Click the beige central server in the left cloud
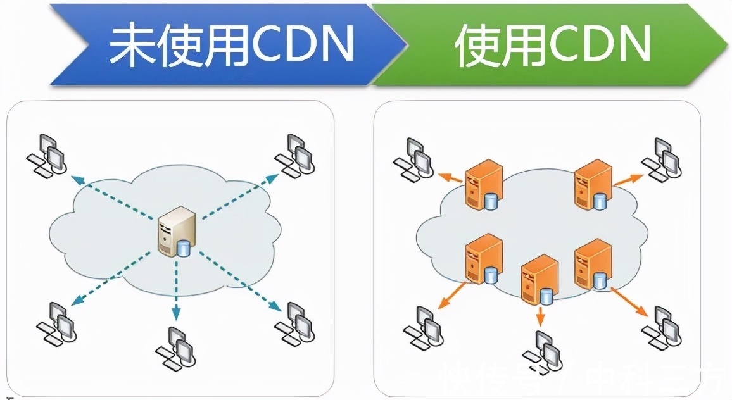click(x=177, y=231)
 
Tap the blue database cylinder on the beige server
click(x=184, y=247)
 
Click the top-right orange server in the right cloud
click(x=593, y=184)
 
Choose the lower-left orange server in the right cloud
click(x=483, y=258)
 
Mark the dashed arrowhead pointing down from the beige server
click(x=177, y=311)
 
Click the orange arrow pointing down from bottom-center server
click(x=540, y=316)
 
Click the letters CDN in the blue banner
click(x=305, y=45)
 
